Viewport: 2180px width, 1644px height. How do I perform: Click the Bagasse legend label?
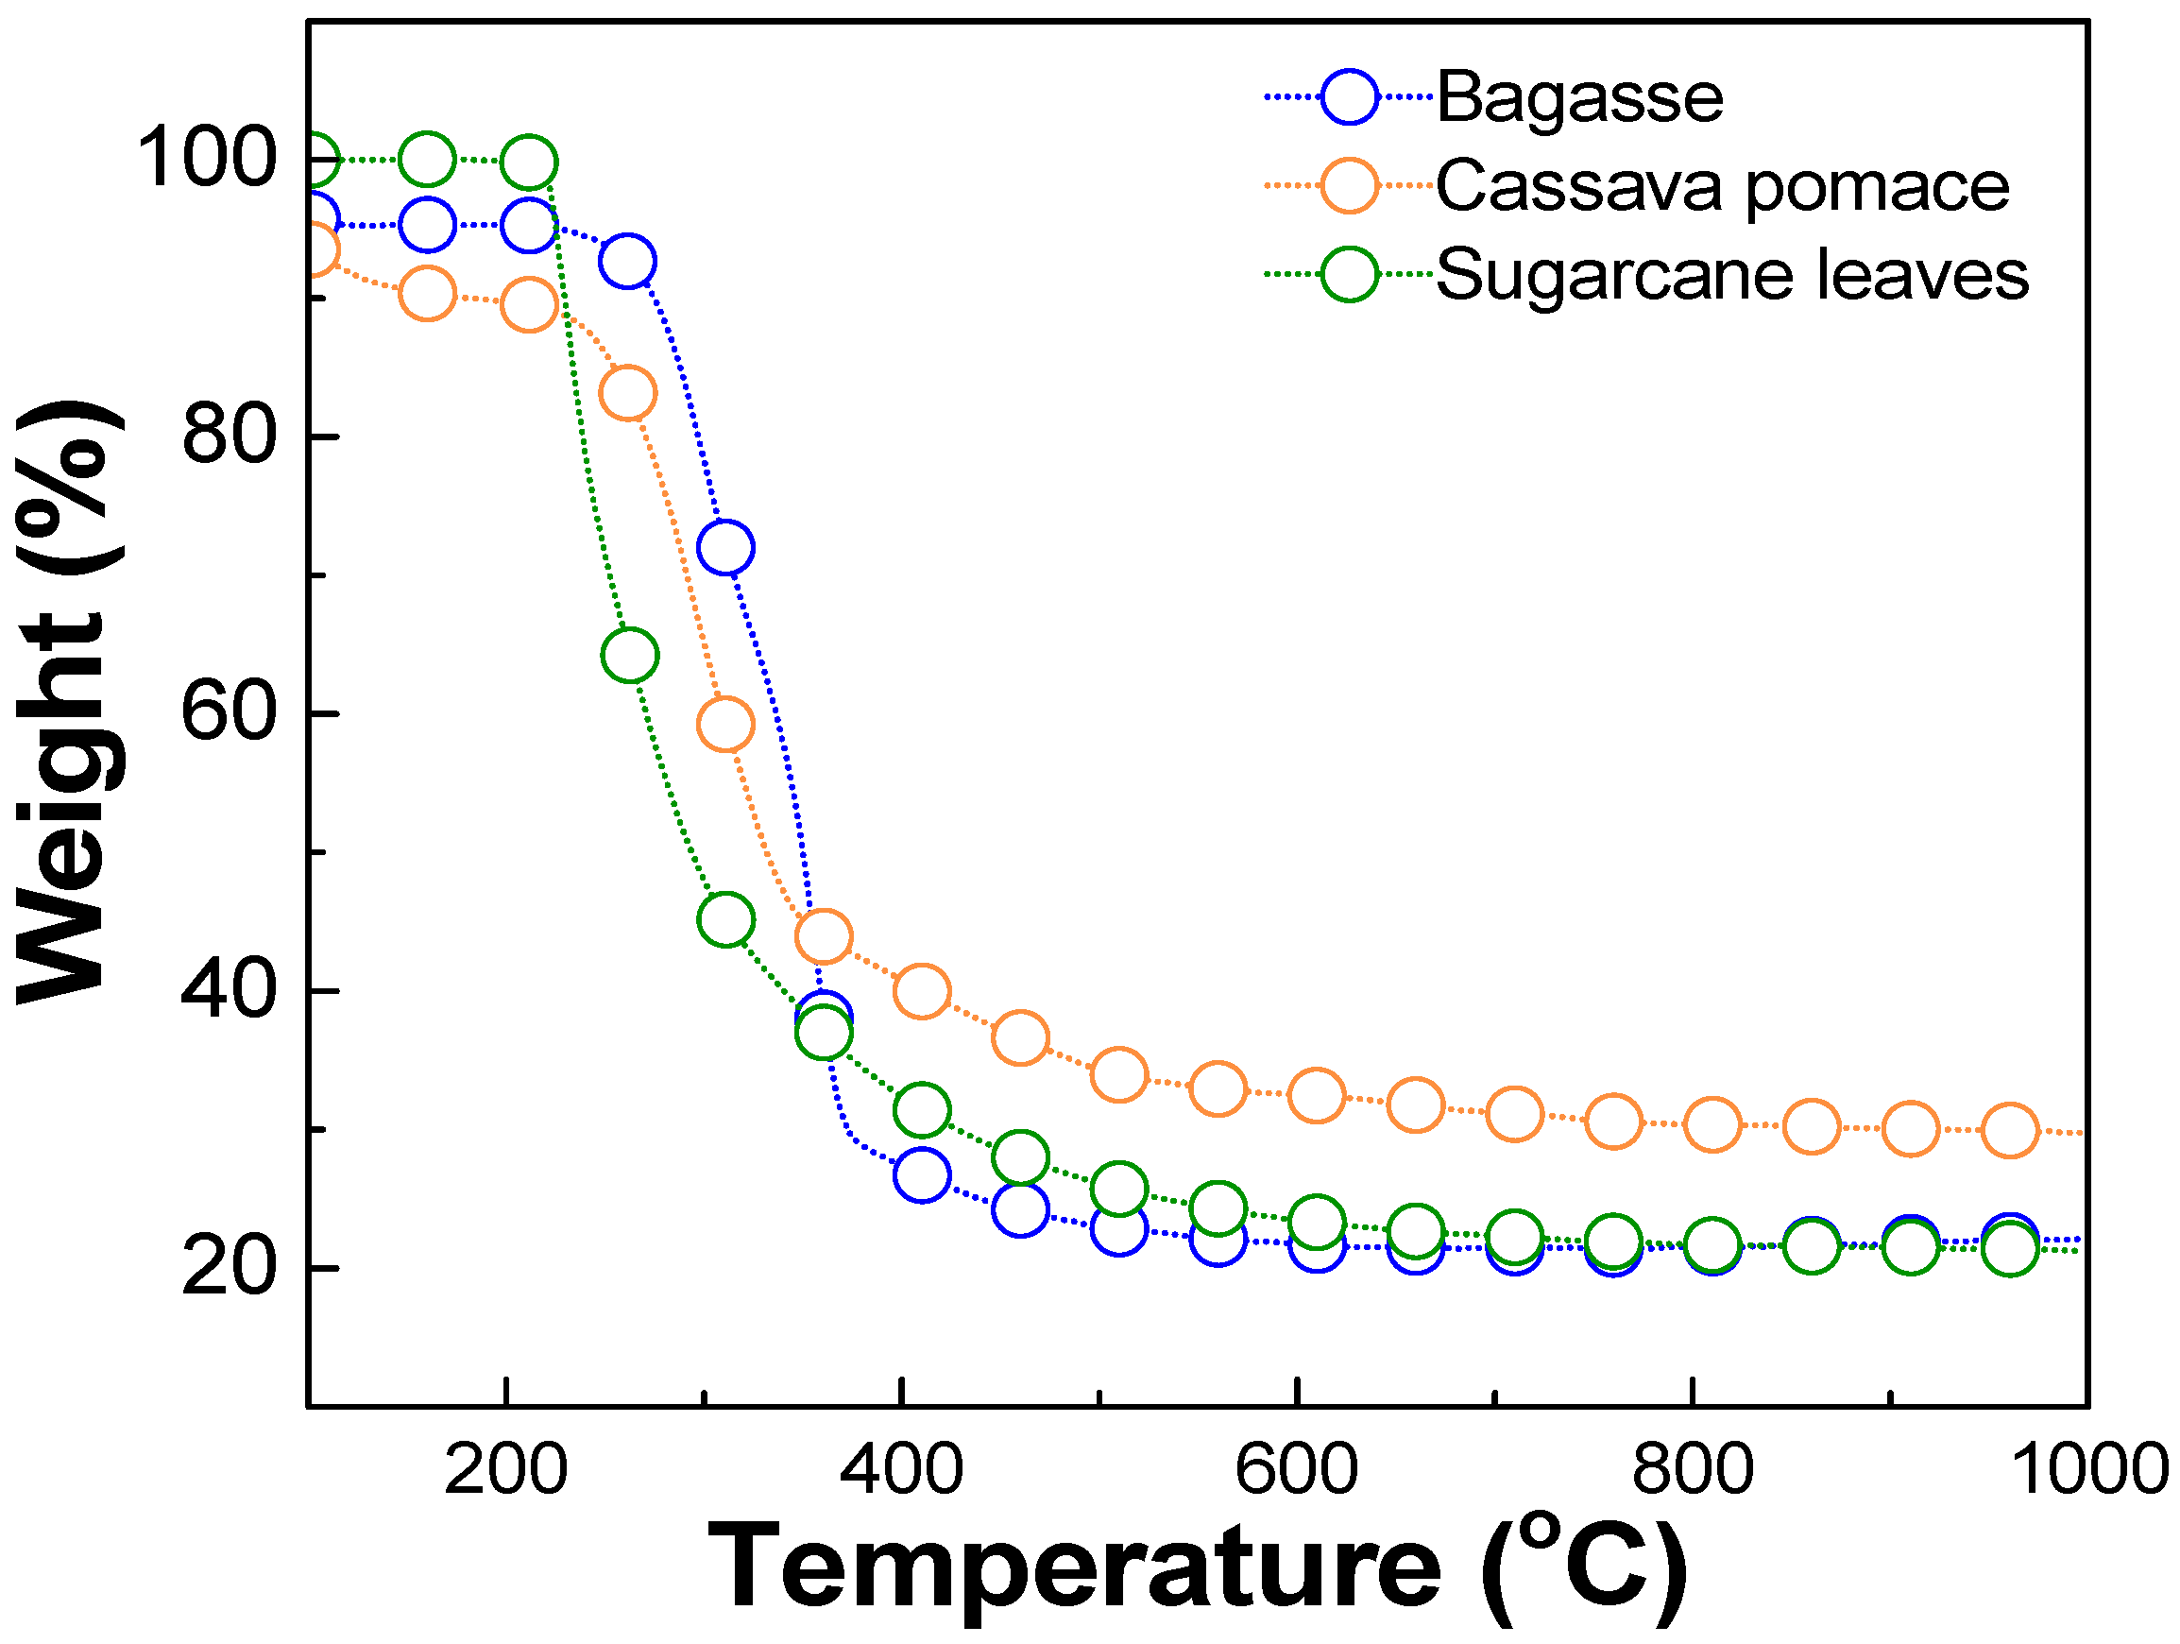(x=1580, y=98)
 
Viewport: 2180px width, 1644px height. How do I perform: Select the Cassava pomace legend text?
(x=1722, y=186)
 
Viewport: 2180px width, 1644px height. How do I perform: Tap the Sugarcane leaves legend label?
(x=1731, y=274)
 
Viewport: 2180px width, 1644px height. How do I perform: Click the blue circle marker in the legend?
(x=1349, y=97)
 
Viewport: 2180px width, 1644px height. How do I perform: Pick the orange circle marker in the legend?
(x=1349, y=185)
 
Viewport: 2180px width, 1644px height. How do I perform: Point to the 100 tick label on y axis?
(x=206, y=159)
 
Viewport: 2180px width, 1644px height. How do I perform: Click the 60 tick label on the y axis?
(x=229, y=713)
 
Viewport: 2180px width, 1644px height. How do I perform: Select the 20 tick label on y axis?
(x=229, y=1269)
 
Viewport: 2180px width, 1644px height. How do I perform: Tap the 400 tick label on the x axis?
(x=901, y=1469)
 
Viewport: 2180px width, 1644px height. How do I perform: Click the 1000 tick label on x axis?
(x=2087, y=1469)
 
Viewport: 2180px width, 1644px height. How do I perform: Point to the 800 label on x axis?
(x=1693, y=1469)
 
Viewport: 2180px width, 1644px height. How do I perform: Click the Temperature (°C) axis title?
(x=1197, y=1567)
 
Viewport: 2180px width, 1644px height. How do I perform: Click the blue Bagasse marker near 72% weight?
(x=725, y=547)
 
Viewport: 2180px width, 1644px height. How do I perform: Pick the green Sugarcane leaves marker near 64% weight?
(x=630, y=656)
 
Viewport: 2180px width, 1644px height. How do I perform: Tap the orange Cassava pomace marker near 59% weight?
(x=725, y=725)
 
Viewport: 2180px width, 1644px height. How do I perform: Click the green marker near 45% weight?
(x=725, y=919)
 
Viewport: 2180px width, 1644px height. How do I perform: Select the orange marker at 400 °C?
(x=922, y=990)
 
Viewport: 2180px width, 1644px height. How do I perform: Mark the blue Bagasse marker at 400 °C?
(x=922, y=1174)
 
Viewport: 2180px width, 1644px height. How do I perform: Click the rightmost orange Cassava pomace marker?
(x=2009, y=1131)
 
